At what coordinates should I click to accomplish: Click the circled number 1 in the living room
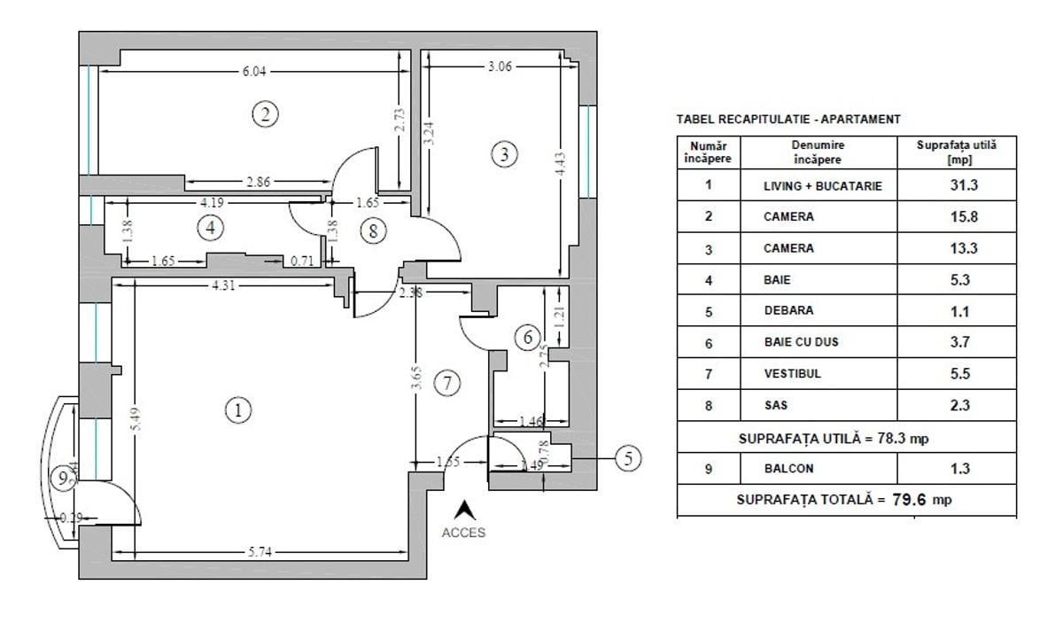237,410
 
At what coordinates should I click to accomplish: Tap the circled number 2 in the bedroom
265,113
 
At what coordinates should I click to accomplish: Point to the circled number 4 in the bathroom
210,228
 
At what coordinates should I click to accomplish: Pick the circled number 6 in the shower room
527,337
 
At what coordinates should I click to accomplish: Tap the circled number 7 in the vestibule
448,384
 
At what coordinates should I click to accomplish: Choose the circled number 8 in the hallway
374,231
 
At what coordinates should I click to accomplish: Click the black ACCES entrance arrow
463,511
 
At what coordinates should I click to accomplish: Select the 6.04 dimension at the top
253,71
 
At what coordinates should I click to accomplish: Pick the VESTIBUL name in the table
792,374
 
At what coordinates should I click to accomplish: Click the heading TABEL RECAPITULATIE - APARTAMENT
788,119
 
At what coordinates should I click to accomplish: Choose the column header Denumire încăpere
819,152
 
